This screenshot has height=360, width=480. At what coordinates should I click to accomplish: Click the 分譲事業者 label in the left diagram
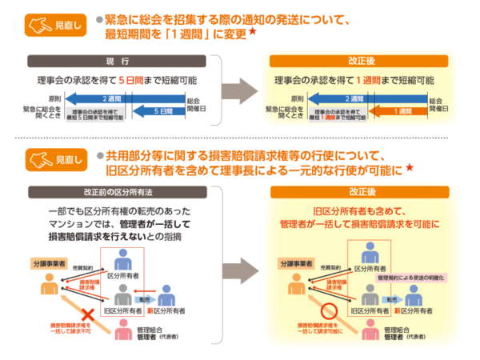47,261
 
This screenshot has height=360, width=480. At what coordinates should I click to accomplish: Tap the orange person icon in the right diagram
287,283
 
